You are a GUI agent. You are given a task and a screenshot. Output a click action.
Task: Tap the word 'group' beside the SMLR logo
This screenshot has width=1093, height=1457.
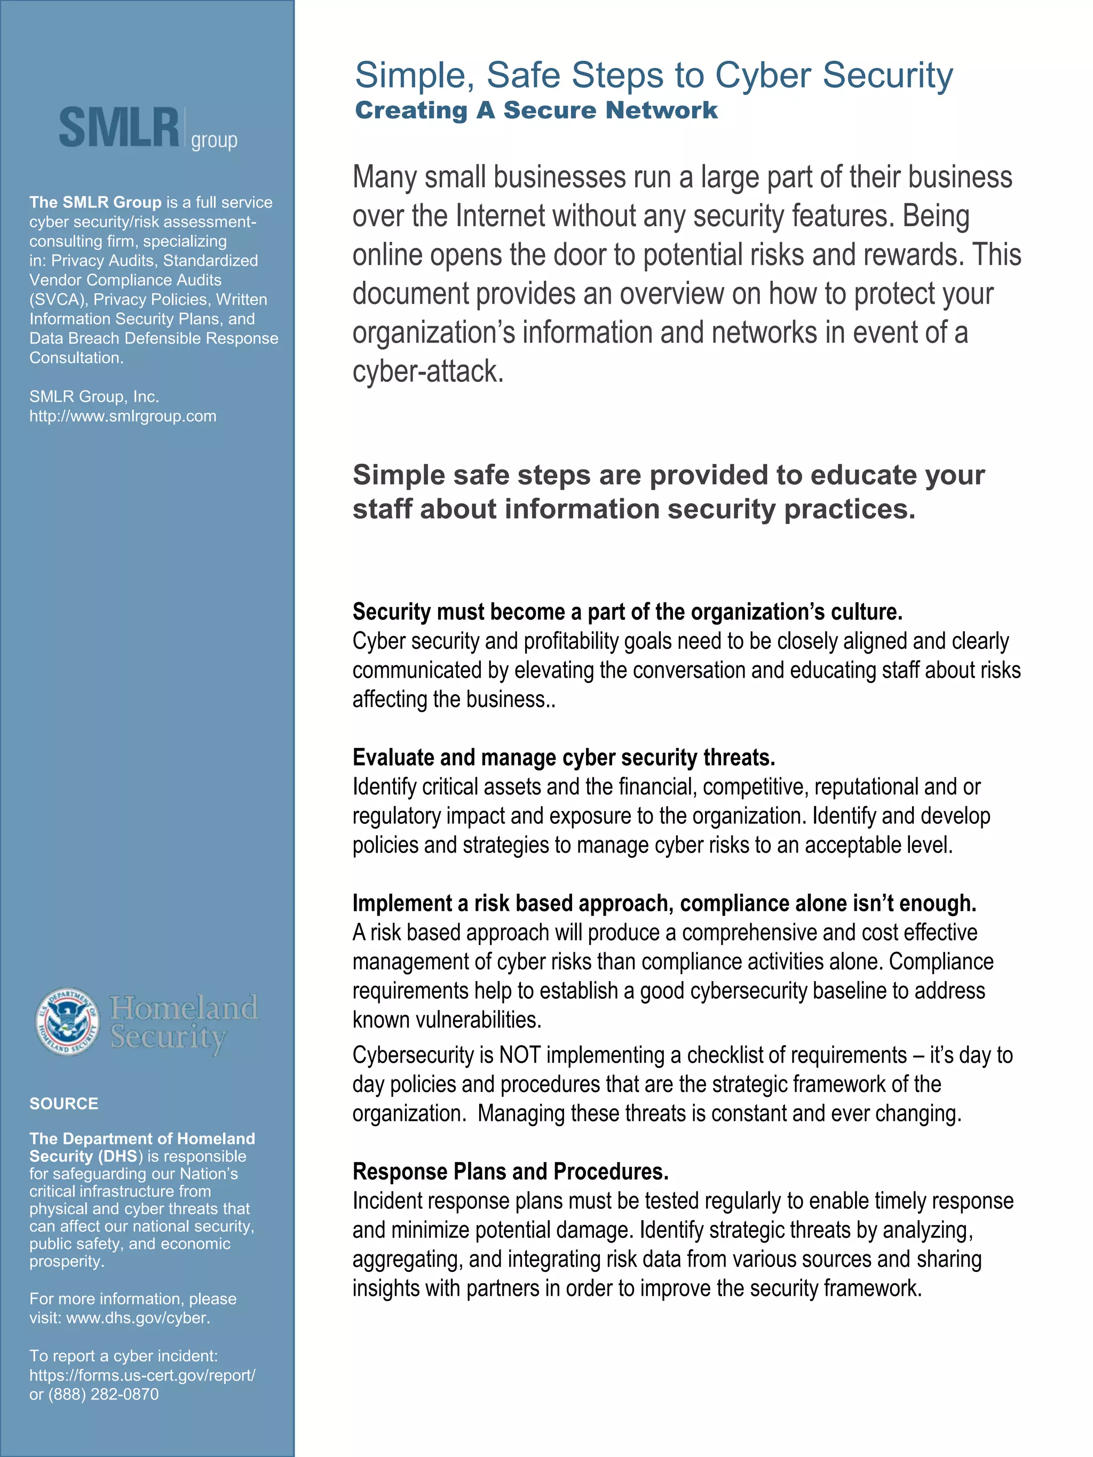(214, 140)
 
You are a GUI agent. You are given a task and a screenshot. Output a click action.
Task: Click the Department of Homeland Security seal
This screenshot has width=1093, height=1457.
(67, 1022)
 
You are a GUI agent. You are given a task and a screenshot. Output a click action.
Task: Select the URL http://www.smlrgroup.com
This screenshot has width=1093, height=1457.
(123, 416)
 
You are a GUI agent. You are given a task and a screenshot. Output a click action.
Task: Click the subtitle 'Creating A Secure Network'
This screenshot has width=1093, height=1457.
(536, 110)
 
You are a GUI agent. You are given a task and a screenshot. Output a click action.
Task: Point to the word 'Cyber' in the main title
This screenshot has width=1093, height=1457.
(764, 75)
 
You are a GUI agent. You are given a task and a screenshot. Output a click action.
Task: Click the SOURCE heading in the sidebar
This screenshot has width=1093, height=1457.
(64, 1103)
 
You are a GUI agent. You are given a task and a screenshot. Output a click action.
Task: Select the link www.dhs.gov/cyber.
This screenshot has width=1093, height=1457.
(138, 1318)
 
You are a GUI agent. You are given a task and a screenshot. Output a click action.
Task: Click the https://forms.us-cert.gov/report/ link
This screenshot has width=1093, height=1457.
(142, 1375)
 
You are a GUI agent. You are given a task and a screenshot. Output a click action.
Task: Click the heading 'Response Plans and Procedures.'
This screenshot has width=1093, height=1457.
(511, 1172)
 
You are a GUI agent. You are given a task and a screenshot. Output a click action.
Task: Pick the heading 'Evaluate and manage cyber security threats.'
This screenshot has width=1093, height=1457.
(563, 758)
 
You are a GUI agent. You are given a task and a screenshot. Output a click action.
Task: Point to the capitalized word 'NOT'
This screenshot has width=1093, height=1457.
(520, 1055)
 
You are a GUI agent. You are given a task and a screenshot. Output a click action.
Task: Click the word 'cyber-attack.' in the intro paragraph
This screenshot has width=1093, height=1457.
(428, 371)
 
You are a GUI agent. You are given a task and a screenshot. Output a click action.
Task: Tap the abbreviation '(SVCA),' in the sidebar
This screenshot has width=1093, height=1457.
(58, 300)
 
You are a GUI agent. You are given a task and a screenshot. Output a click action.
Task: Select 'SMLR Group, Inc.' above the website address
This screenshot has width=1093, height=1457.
(94, 396)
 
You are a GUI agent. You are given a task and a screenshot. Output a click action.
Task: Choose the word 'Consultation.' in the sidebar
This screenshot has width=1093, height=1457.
(76, 357)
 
